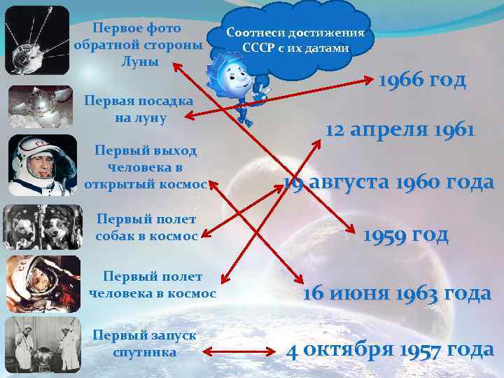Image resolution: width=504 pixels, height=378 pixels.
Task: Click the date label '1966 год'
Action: pos(421,80)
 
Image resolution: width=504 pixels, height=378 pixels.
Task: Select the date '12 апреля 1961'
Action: pos(400,130)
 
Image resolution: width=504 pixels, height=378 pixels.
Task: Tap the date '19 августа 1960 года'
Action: pos(388,183)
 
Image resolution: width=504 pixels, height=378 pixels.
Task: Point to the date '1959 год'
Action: pos(405,234)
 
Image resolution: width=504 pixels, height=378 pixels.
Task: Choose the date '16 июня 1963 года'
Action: pos(396,293)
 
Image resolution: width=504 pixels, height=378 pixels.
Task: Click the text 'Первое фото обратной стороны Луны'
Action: pos(138,44)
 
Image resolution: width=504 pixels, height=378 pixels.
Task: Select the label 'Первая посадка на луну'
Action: pos(139,109)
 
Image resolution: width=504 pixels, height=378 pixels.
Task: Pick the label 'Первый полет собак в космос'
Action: pos(147,227)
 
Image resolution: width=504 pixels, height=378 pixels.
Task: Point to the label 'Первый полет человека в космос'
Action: pos(153,285)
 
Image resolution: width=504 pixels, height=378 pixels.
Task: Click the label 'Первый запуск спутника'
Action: pos(144,343)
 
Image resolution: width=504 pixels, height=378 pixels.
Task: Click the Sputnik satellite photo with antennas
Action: pos(36,39)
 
